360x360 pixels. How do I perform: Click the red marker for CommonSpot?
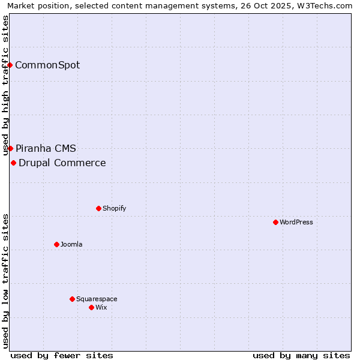[x=10, y=65]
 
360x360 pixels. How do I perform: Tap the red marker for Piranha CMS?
[x=10, y=148]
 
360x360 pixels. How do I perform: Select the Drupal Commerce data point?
[x=13, y=163]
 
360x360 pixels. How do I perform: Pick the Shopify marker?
[x=98, y=208]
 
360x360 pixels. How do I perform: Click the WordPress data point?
[x=275, y=222]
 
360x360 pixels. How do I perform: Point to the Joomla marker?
[x=56, y=244]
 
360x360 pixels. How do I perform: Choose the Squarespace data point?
[x=72, y=299]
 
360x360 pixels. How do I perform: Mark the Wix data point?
[x=91, y=307]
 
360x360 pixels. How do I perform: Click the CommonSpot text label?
[x=47, y=65]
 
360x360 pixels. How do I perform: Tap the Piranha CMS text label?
[x=46, y=148]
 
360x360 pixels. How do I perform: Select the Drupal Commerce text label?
[x=62, y=163]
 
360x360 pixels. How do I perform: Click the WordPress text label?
[x=296, y=222]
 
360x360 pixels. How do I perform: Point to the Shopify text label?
[x=114, y=208]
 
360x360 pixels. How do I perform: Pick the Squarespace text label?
[x=97, y=299]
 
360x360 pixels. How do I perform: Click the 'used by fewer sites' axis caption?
[x=62, y=355]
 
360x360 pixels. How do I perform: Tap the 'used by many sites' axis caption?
[x=301, y=355]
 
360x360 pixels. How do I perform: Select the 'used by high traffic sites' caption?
[x=5, y=85]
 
